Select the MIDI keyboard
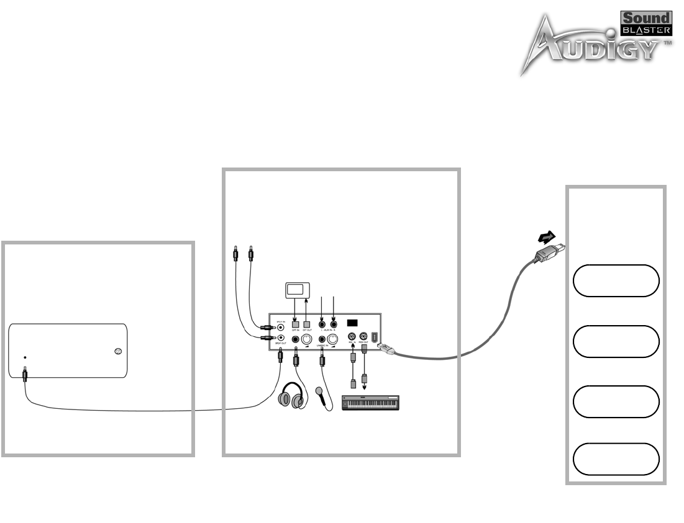tap(372, 401)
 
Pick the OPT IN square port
tap(295, 324)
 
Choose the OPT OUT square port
tap(306, 324)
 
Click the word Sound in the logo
tap(647, 19)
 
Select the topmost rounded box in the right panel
tap(616, 281)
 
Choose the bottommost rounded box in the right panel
tap(616, 458)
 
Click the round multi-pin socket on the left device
tap(119, 352)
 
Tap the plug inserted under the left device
tap(25, 374)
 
